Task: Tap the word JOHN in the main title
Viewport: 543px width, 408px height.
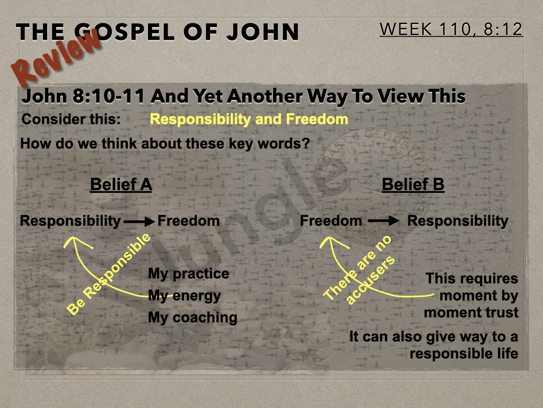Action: tap(263, 31)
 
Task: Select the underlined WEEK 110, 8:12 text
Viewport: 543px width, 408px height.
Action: tap(451, 29)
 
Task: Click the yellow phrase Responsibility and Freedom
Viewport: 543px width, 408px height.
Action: tap(249, 119)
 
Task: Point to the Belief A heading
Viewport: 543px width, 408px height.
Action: tap(121, 184)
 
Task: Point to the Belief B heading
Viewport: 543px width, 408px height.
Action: tap(413, 184)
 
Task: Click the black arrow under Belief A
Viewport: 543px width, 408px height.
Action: tap(139, 222)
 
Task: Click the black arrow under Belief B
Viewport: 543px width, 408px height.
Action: tap(383, 220)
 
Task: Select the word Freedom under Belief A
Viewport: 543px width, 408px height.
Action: tap(189, 221)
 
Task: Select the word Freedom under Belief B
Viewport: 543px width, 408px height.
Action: tap(331, 220)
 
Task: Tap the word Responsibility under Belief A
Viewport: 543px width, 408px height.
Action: tap(71, 221)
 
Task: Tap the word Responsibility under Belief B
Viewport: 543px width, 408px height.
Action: tap(458, 221)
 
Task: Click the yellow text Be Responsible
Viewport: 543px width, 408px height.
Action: tap(109, 274)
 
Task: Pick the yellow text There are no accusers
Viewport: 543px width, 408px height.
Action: tap(359, 270)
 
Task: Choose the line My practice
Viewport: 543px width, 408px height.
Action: tap(189, 274)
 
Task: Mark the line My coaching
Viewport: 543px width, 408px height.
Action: tap(193, 318)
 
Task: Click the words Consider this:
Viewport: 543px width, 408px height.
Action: tap(71, 120)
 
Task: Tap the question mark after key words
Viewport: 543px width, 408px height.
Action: tap(306, 143)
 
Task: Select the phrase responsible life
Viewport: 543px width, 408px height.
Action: tap(464, 354)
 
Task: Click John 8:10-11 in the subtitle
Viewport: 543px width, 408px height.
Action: tap(83, 96)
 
